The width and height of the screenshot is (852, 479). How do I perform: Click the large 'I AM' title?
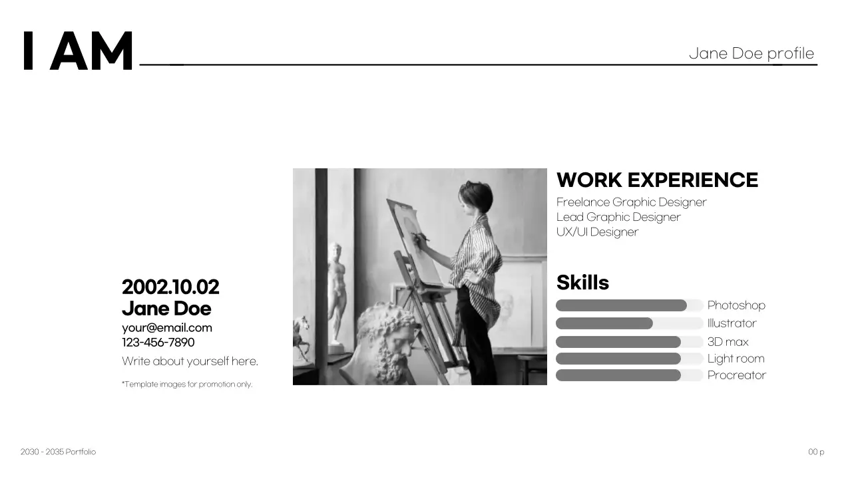pyautogui.click(x=78, y=51)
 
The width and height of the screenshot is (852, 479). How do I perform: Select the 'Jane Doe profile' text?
pyautogui.click(x=751, y=53)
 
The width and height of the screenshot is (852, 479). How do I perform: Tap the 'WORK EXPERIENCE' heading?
pyautogui.click(x=657, y=180)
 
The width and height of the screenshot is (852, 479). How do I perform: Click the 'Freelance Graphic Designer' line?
pyautogui.click(x=631, y=202)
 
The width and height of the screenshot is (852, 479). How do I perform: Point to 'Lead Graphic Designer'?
pyautogui.click(x=618, y=217)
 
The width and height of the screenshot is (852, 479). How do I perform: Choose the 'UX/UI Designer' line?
pyautogui.click(x=597, y=232)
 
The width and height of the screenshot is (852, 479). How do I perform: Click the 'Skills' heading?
pyautogui.click(x=582, y=283)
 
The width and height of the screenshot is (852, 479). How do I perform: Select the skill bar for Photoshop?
pyautogui.click(x=629, y=305)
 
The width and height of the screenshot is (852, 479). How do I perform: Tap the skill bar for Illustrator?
pyautogui.click(x=629, y=323)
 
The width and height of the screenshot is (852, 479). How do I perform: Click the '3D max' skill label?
pyautogui.click(x=728, y=342)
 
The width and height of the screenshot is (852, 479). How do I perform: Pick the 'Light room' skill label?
pyautogui.click(x=736, y=359)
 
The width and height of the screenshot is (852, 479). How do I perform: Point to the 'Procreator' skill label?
pyautogui.click(x=736, y=375)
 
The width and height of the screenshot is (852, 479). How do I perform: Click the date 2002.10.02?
pyautogui.click(x=170, y=287)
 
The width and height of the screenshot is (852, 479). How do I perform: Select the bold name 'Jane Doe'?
pyautogui.click(x=166, y=309)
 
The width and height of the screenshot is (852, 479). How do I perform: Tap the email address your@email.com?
pyautogui.click(x=167, y=327)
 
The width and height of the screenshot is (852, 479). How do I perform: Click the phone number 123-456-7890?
pyautogui.click(x=158, y=343)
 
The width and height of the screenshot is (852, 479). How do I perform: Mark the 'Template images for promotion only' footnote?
pyautogui.click(x=187, y=384)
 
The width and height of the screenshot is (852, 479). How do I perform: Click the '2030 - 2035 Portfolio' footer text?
pyautogui.click(x=58, y=452)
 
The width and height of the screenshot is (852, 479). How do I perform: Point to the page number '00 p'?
pyautogui.click(x=816, y=452)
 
